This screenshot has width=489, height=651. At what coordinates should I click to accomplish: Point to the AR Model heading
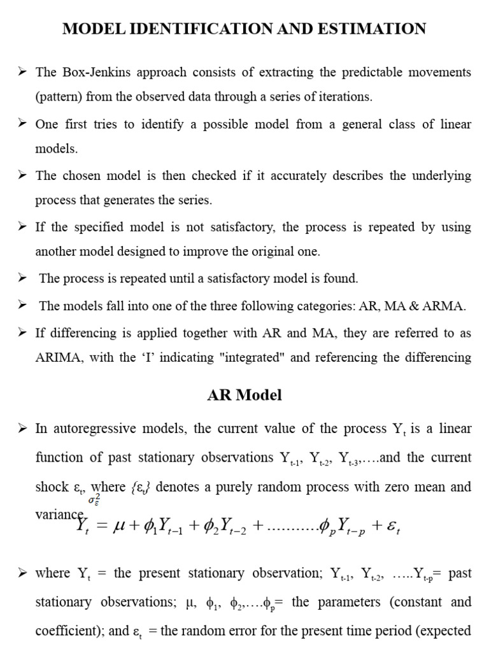click(x=244, y=395)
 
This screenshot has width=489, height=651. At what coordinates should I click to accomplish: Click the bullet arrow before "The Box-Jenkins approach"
click(x=22, y=72)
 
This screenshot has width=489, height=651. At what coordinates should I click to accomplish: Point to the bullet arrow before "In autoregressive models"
click(x=22, y=428)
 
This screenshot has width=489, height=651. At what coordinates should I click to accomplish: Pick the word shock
click(x=50, y=487)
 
